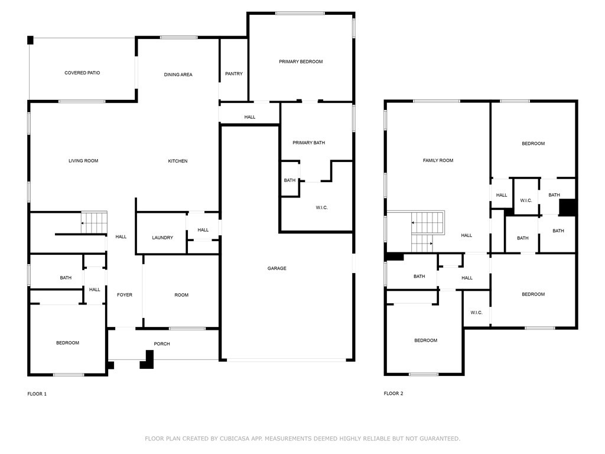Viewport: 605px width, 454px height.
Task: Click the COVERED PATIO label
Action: (x=82, y=73)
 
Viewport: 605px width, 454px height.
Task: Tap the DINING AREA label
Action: (x=178, y=74)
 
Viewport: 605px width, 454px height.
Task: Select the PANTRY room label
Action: (x=234, y=73)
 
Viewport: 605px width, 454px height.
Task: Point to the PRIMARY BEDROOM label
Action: (x=301, y=61)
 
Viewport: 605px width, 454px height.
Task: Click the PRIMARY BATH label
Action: (x=308, y=142)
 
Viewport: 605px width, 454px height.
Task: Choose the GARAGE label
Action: (x=277, y=268)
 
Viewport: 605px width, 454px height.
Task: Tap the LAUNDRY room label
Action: (x=162, y=238)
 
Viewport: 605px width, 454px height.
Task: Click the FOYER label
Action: (x=125, y=294)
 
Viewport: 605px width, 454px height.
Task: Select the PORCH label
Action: (x=162, y=343)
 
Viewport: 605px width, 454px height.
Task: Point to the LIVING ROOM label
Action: (x=83, y=161)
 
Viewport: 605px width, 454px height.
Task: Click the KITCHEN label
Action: (x=178, y=161)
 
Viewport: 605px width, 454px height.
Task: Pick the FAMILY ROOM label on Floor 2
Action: (x=438, y=160)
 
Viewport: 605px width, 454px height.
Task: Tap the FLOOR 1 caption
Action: (x=37, y=394)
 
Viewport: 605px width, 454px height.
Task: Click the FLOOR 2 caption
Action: (x=393, y=393)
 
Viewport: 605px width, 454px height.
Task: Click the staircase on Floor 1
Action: (x=94, y=222)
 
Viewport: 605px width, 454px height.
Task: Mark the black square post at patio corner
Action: (x=30, y=40)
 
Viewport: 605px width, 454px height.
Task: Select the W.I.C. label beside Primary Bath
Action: (x=322, y=207)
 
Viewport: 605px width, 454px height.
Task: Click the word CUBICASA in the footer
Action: (x=233, y=439)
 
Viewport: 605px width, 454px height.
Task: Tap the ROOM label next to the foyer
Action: (x=181, y=294)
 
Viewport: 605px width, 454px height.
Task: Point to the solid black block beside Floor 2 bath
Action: (x=568, y=207)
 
